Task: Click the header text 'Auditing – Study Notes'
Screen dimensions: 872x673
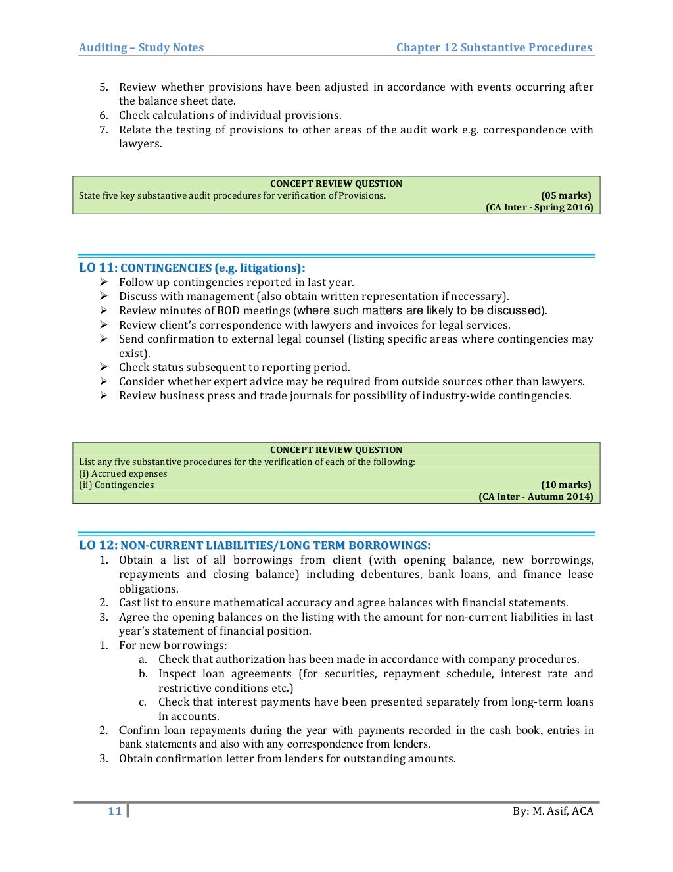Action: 141,47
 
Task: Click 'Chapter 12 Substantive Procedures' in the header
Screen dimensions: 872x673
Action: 494,47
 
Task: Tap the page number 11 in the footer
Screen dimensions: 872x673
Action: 115,811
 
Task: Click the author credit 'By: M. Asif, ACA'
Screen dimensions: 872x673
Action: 553,811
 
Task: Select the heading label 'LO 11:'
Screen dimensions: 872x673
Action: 98,268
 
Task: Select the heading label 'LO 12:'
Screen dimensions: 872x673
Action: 98,545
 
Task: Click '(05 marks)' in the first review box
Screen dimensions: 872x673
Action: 565,195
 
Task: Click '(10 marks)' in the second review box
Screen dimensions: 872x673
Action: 565,485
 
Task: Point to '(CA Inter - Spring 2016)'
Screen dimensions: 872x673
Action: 539,207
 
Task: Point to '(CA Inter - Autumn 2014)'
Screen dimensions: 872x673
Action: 535,497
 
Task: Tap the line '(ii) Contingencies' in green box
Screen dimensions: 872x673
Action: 116,485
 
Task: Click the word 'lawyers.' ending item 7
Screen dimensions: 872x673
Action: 140,144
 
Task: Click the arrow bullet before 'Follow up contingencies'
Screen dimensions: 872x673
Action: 104,282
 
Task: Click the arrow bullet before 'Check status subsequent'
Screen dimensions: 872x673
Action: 104,367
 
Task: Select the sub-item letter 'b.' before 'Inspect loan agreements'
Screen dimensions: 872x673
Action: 143,673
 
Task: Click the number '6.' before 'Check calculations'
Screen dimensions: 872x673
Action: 104,116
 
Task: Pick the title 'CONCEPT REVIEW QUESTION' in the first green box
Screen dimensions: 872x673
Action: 336,183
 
